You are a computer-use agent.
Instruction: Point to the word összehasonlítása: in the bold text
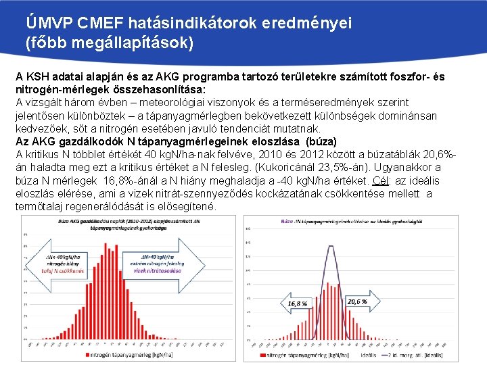click(x=162, y=90)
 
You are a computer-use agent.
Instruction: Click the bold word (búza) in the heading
click(x=321, y=142)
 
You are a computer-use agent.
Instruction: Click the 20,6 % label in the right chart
click(x=356, y=301)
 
